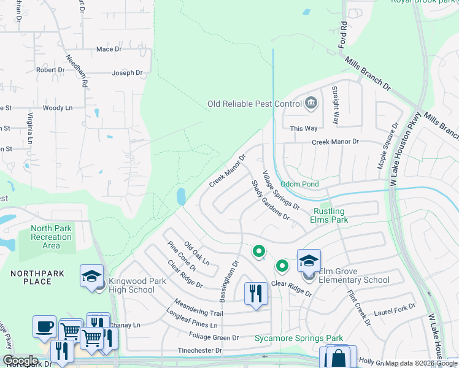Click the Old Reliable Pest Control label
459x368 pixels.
(255, 104)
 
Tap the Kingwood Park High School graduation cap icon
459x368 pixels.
(91, 276)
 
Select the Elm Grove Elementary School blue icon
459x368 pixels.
(309, 260)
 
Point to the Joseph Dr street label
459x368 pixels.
(127, 73)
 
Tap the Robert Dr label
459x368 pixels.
(50, 70)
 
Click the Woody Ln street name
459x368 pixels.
(57, 108)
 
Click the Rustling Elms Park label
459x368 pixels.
(330, 215)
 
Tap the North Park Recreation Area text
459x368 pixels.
(51, 237)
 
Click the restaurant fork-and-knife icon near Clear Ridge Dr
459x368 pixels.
(255, 293)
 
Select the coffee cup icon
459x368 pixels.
(44, 326)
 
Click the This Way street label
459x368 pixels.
(304, 128)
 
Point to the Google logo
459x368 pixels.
(20, 361)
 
